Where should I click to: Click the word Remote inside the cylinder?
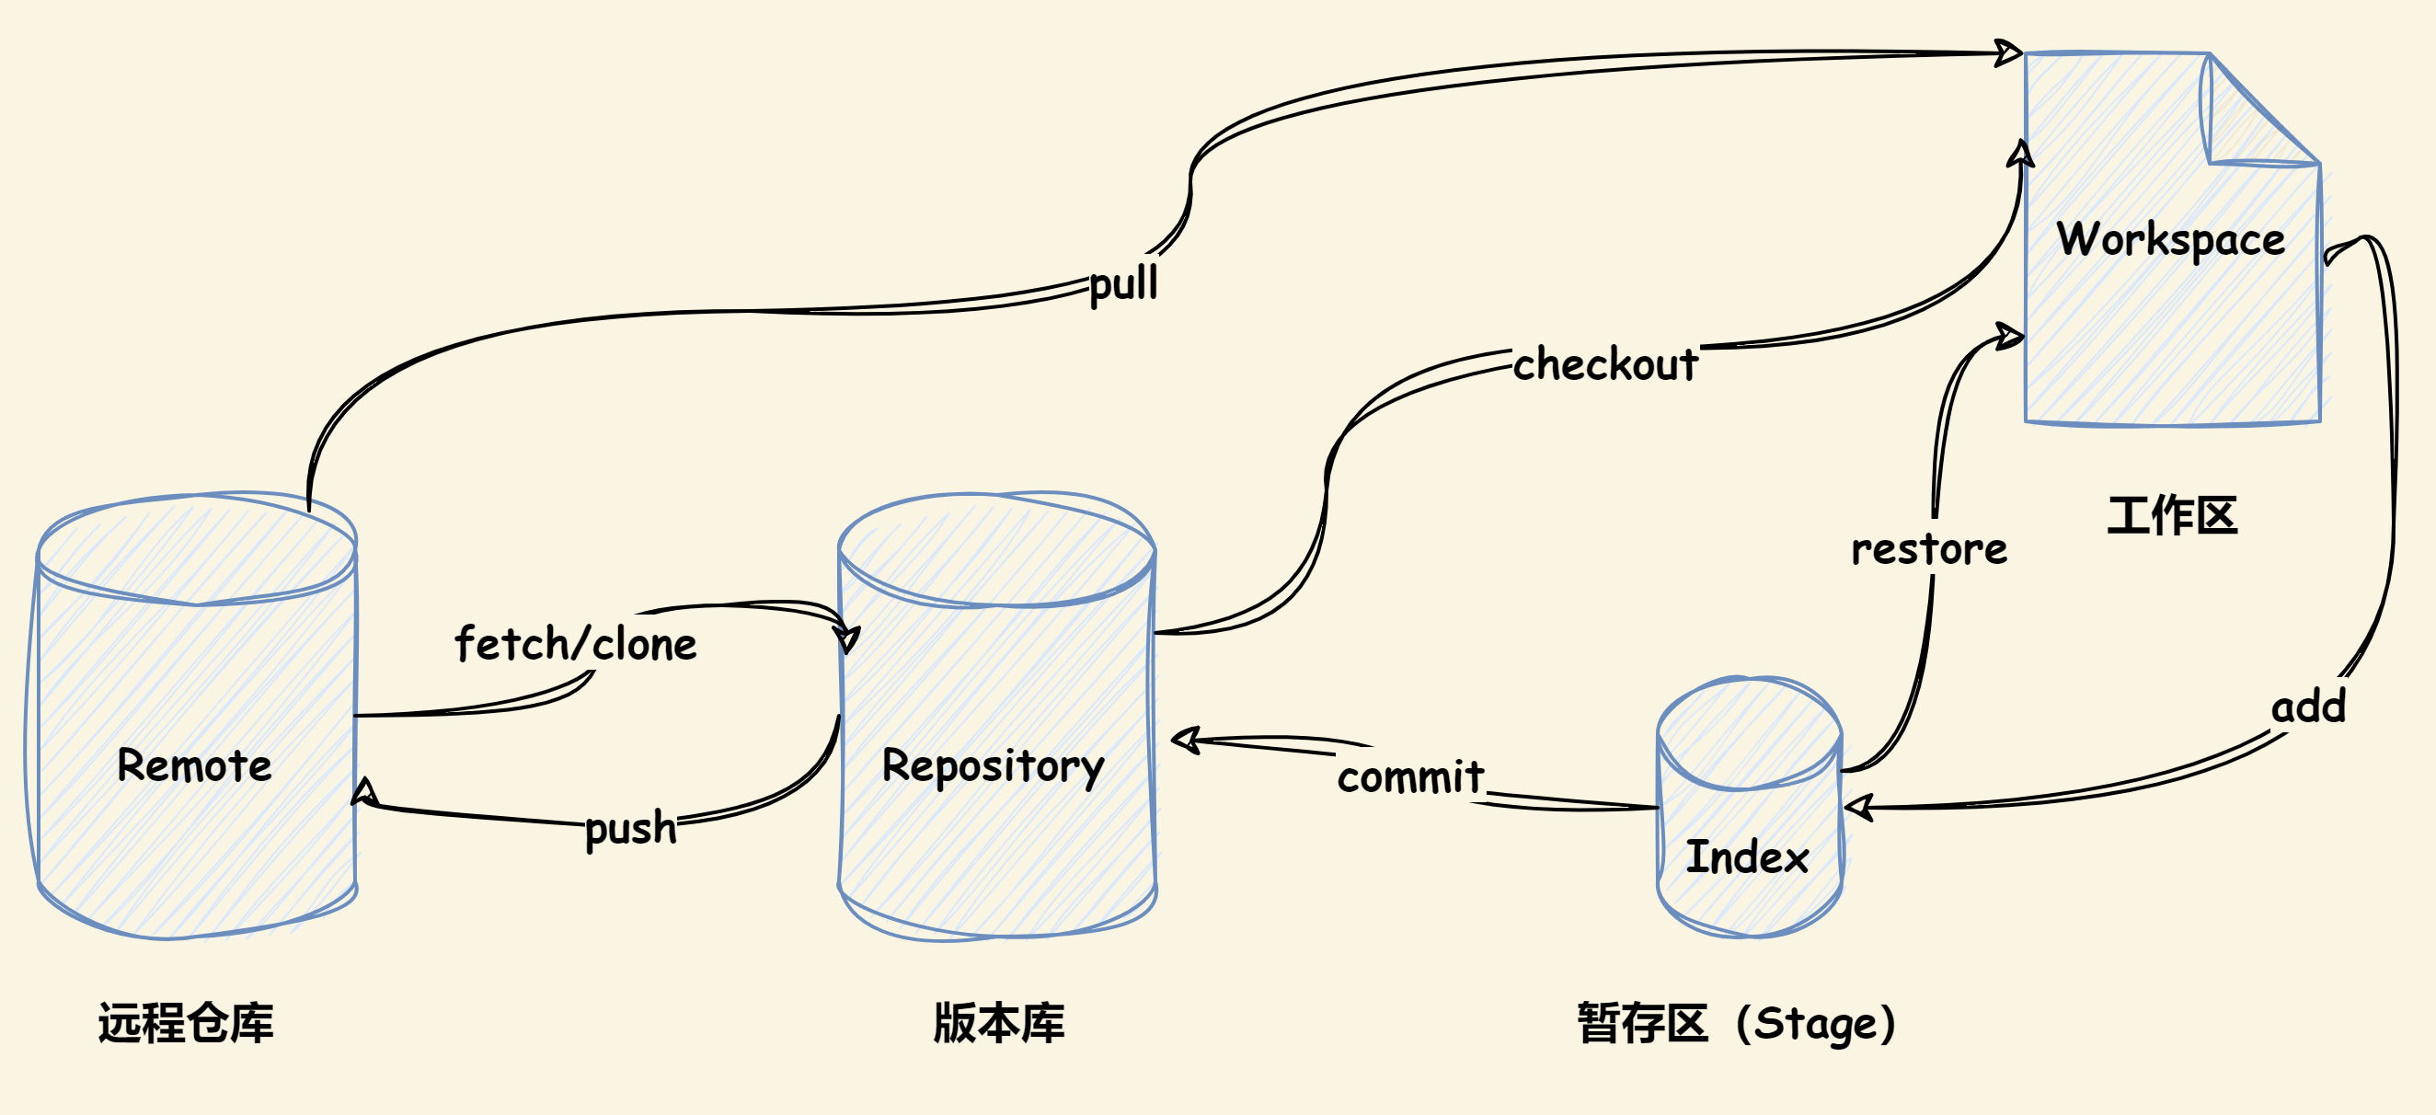pyautogui.click(x=194, y=764)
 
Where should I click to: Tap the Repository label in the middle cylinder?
pyautogui.click(x=992, y=766)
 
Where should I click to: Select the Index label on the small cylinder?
pyautogui.click(x=1747, y=856)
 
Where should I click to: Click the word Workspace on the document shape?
pyautogui.click(x=2170, y=239)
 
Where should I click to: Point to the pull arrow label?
pyautogui.click(x=1122, y=282)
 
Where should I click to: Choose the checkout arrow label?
pyautogui.click(x=1604, y=364)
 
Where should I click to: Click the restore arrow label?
pyautogui.click(x=1928, y=549)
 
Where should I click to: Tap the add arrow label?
pyautogui.click(x=2308, y=707)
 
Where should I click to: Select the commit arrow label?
pyautogui.click(x=1410, y=776)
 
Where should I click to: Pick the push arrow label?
pyautogui.click(x=631, y=827)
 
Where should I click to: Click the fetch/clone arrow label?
pyautogui.click(x=575, y=644)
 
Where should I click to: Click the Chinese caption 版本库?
pyautogui.click(x=999, y=1022)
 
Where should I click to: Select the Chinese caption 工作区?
pyautogui.click(x=2172, y=515)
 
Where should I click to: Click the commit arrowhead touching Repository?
pyautogui.click(x=1185, y=740)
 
